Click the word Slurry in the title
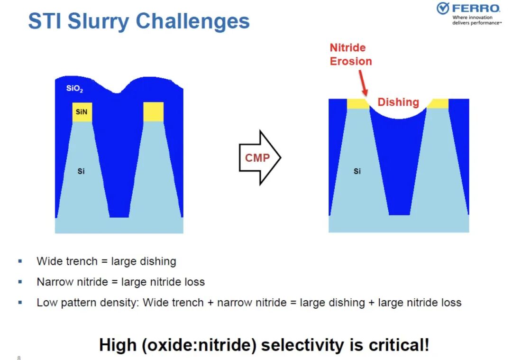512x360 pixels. (x=99, y=21)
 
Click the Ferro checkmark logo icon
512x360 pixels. (x=443, y=8)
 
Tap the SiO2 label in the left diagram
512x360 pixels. (x=74, y=89)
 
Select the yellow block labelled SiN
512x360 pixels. (x=82, y=112)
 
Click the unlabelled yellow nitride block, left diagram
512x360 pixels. (x=154, y=112)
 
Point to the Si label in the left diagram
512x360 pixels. (x=81, y=171)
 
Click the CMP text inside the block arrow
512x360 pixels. (x=257, y=158)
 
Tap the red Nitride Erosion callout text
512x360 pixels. (x=351, y=55)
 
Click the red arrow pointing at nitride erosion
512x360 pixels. (x=363, y=83)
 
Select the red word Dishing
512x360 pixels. (x=398, y=102)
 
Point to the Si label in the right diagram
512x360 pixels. (x=357, y=171)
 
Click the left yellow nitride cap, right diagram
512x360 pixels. (x=358, y=103)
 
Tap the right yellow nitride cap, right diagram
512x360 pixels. (x=438, y=103)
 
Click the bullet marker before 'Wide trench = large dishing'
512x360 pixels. (x=20, y=261)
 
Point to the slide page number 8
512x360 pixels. (x=19, y=358)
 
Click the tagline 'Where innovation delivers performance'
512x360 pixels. (x=476, y=20)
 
